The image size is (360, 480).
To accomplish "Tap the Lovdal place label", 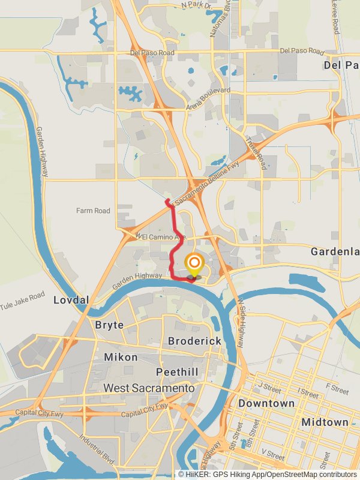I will (x=71, y=299).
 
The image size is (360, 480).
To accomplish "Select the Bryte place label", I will (x=110, y=325).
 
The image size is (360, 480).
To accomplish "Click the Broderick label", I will (x=194, y=341).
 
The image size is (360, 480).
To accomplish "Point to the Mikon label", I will (x=121, y=357).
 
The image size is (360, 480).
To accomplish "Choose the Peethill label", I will (x=177, y=372).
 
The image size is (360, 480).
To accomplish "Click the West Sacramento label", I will (x=149, y=388).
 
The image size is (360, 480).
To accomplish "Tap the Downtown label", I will (x=266, y=404).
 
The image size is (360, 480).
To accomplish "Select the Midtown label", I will (x=325, y=422).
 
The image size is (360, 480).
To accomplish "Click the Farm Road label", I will (x=93, y=211).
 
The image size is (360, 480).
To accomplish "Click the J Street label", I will (x=269, y=386).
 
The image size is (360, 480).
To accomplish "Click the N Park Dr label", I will (x=196, y=5).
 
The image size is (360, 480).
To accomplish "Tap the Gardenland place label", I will (x=335, y=252).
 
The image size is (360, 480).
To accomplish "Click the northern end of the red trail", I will (x=167, y=201).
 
